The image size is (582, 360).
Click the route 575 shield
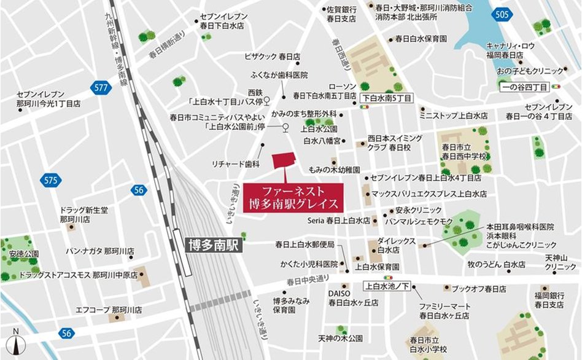50,181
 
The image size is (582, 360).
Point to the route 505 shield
502,14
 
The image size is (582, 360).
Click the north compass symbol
17,343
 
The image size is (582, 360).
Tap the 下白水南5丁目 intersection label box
386,98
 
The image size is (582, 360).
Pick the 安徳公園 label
24,254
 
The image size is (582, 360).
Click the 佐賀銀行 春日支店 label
341,14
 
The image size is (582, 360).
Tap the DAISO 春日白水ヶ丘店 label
352,298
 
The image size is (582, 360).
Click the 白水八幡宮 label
322,141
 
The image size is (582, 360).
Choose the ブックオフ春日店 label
479,288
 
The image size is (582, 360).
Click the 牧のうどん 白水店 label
496,265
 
